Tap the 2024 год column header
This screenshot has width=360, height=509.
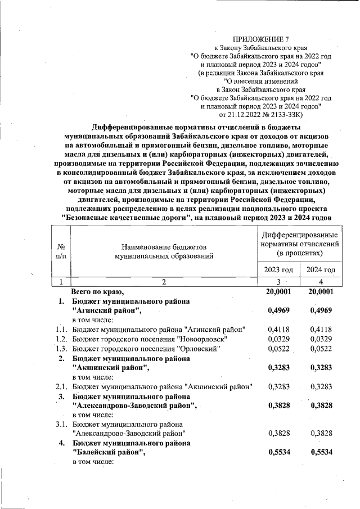321,271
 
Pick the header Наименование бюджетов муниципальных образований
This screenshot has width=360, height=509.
163,251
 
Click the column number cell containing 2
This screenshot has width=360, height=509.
164,282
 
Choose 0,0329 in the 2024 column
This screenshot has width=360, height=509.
321,339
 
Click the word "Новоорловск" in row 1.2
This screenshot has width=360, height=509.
202,339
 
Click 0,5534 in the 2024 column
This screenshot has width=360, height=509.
321,452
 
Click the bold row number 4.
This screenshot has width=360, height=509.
63,443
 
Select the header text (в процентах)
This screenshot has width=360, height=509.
300,254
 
